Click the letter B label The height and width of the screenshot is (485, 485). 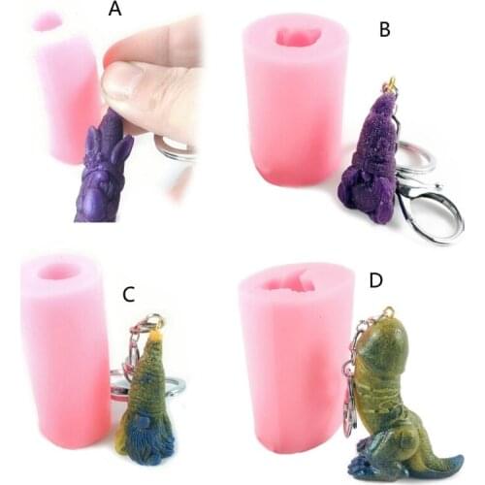click(x=385, y=30)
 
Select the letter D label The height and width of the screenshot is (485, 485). click(x=376, y=281)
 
